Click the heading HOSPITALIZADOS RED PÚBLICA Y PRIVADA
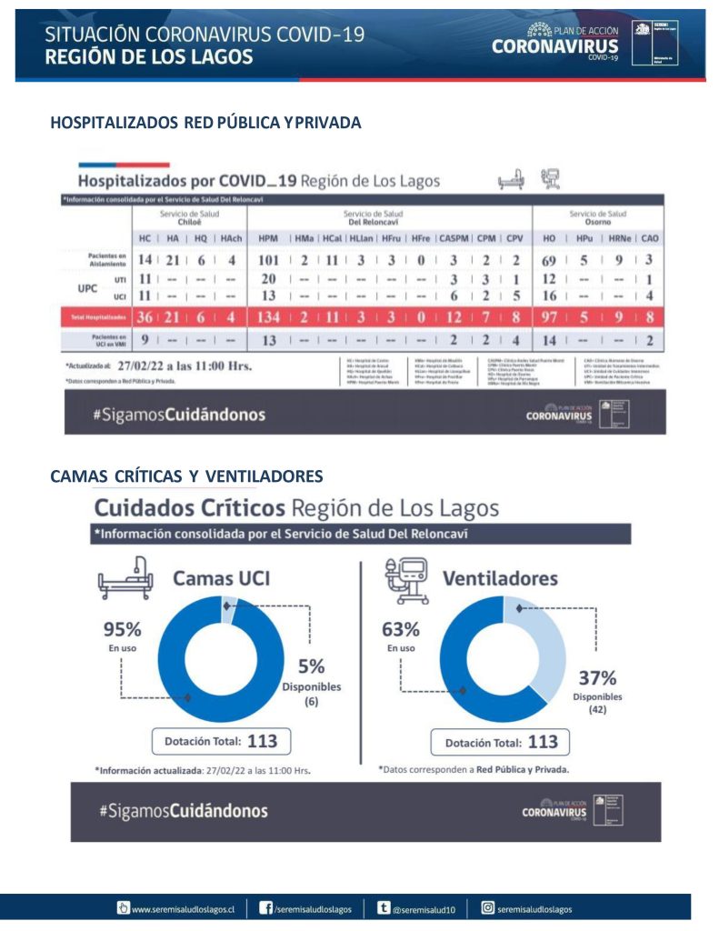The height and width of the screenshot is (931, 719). (x=205, y=123)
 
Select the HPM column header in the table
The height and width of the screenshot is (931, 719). (x=268, y=237)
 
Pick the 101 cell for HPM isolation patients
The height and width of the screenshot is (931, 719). (x=267, y=261)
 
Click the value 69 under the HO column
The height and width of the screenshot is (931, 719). (x=549, y=261)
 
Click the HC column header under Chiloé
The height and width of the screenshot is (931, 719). (x=145, y=237)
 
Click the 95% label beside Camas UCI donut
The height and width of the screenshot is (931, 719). (x=122, y=629)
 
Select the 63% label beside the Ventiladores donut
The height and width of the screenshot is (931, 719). (x=400, y=629)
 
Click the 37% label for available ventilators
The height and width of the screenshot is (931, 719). (x=597, y=677)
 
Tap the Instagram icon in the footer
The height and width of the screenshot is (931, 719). (x=487, y=907)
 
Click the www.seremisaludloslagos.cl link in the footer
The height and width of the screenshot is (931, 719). (x=182, y=907)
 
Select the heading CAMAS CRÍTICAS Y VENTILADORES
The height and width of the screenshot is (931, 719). (x=186, y=476)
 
